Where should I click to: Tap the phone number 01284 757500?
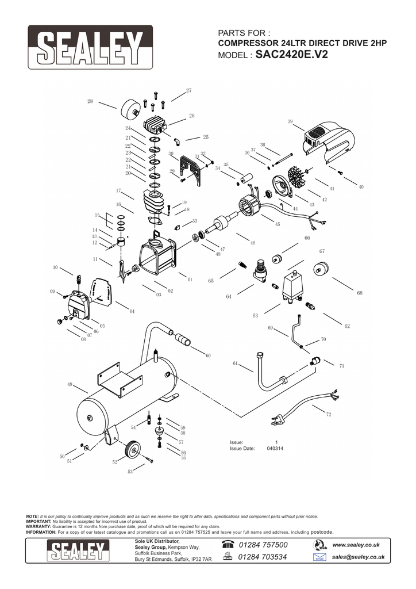click(262, 545)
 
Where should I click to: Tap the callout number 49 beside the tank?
click(70, 384)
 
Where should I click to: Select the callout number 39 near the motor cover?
click(290, 121)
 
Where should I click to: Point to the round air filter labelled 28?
click(131, 110)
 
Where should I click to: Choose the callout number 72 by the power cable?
click(329, 414)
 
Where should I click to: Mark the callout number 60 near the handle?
click(208, 355)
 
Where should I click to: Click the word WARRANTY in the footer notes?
click(38, 526)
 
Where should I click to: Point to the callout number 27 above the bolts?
click(188, 91)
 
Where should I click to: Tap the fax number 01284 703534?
click(262, 557)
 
